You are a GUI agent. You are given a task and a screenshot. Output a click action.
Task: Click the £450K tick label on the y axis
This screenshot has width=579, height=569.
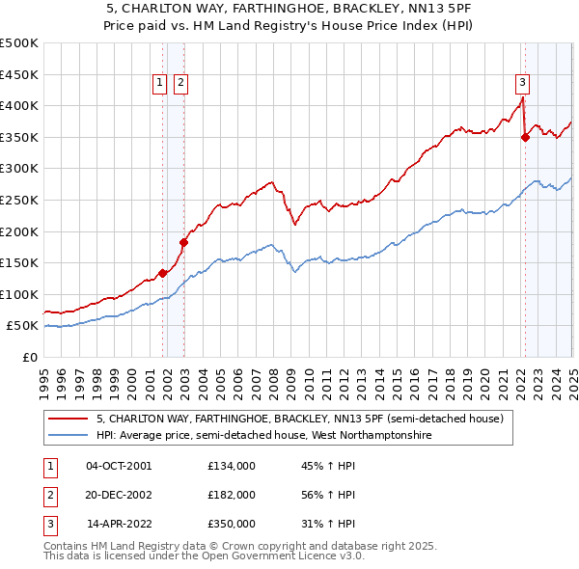tap(19, 74)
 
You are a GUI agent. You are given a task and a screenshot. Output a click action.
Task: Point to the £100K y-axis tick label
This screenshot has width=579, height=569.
tap(19, 294)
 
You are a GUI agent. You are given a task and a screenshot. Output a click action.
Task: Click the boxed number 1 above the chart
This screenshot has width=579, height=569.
tap(159, 83)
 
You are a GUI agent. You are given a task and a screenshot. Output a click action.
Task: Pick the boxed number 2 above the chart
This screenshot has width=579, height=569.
tap(180, 83)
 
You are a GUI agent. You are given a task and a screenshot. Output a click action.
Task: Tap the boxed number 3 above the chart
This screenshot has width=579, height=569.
tap(522, 83)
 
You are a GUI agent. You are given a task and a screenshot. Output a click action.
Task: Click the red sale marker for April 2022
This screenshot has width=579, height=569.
tap(525, 137)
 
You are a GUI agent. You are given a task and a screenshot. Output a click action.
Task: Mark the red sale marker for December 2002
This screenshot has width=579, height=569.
tap(184, 242)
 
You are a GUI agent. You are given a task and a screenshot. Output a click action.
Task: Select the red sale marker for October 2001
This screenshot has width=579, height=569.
tap(163, 273)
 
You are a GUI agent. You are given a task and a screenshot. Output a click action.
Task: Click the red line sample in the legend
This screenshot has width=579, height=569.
tap(69, 420)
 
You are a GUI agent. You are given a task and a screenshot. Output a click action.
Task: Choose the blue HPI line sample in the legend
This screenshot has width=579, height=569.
tap(69, 435)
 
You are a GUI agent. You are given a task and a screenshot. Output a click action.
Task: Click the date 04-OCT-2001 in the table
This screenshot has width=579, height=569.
tap(119, 466)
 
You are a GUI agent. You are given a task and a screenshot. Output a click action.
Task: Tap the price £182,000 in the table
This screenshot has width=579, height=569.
tap(232, 495)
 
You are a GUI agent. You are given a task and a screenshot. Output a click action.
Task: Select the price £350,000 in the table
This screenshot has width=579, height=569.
tap(232, 524)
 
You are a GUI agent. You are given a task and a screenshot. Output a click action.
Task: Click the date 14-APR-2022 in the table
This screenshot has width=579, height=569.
tap(119, 524)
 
